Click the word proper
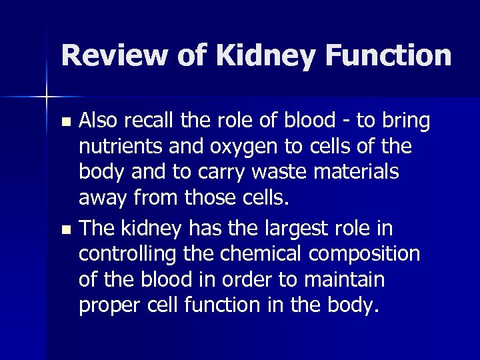point(106,305)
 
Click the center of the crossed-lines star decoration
point(47,97)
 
